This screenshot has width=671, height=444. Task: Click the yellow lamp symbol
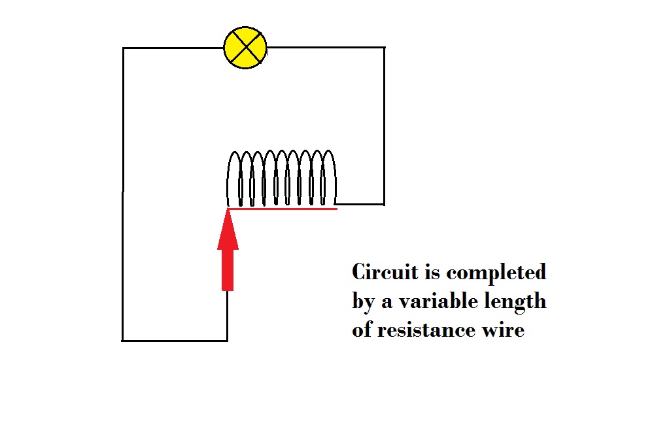click(245, 48)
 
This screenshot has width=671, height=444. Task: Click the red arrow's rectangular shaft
click(228, 270)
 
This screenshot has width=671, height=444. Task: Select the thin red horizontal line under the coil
click(283, 209)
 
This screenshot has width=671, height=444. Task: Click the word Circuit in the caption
click(385, 272)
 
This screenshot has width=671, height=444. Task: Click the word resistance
click(426, 330)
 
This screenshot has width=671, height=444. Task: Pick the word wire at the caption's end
click(504, 330)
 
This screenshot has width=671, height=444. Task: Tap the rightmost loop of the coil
click(329, 177)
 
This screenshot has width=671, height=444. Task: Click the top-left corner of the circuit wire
click(123, 48)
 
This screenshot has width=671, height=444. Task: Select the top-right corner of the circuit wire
click(385, 48)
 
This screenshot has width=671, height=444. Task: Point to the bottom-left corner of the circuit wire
click(122, 341)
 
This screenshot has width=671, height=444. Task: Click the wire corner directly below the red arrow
click(227, 341)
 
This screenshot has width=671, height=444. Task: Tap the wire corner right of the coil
click(385, 205)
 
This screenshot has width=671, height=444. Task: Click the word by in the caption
click(364, 302)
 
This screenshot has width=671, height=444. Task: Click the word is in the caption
click(432, 273)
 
